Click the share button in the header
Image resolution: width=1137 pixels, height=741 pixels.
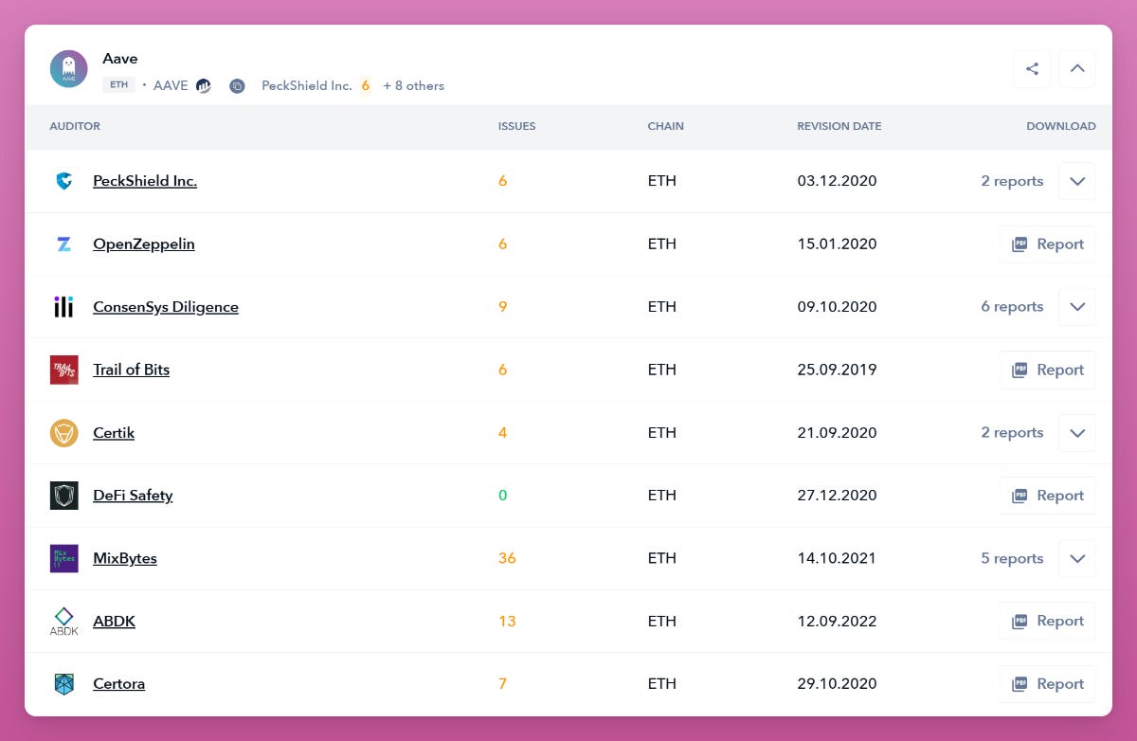coord(1032,68)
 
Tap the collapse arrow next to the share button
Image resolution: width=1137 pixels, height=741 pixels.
coord(1076,68)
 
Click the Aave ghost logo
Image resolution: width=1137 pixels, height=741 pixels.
coord(68,69)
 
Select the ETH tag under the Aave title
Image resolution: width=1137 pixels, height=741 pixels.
coord(118,85)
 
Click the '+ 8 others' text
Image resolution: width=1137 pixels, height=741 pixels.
coord(413,86)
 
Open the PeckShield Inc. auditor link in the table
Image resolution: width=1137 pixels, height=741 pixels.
coord(145,181)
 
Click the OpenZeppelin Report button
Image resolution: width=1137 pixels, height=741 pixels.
coord(1047,244)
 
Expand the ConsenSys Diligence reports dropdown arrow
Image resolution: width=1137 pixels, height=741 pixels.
coord(1076,307)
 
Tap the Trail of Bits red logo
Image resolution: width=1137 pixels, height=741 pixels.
coord(63,370)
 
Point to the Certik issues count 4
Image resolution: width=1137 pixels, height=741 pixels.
coord(502,433)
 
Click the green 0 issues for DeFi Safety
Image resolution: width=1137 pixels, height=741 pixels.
coord(502,496)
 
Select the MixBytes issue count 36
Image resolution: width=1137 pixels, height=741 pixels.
coord(507,558)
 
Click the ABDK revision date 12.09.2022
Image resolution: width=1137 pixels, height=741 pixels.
coord(837,622)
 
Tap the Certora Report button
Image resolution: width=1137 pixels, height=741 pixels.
coord(1047,684)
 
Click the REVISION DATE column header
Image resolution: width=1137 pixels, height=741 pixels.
coord(839,126)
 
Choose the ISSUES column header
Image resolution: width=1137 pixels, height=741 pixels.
coord(516,126)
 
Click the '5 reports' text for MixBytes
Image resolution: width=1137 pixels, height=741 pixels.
coord(1012,558)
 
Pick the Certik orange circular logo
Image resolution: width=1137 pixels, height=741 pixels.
coord(63,433)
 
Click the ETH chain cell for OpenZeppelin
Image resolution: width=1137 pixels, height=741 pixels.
coord(661,244)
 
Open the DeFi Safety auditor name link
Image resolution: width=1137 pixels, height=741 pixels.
coord(133,496)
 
